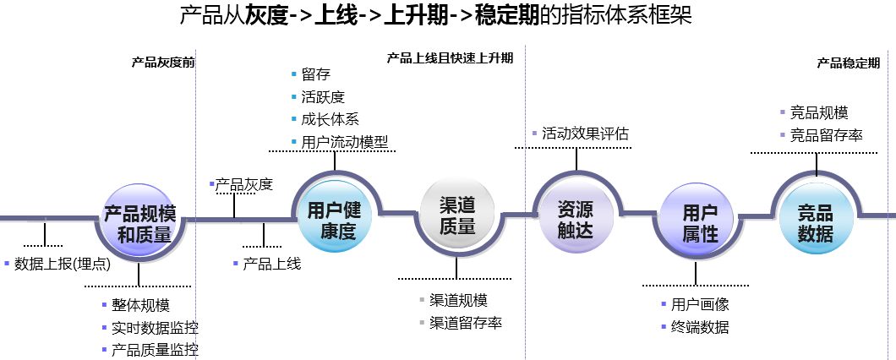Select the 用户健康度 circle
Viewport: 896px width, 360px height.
click(334, 216)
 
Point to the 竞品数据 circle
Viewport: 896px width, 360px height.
click(816, 218)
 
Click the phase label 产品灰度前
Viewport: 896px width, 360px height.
click(163, 63)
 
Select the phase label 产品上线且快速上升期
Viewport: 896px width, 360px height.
click(450, 57)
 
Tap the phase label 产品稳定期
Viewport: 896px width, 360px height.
click(848, 63)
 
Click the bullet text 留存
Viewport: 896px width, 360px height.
click(316, 74)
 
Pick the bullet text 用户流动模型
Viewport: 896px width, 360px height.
click(345, 142)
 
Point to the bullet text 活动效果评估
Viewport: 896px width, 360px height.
click(585, 134)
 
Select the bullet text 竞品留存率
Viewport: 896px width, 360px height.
click(827, 135)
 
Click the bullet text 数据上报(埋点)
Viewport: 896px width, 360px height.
click(63, 264)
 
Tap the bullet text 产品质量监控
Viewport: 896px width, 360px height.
click(155, 350)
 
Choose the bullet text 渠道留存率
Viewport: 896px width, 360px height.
click(466, 323)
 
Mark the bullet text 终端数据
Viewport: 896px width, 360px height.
click(700, 327)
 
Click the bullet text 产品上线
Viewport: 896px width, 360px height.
click(272, 264)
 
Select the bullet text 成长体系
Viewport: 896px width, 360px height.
click(331, 119)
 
